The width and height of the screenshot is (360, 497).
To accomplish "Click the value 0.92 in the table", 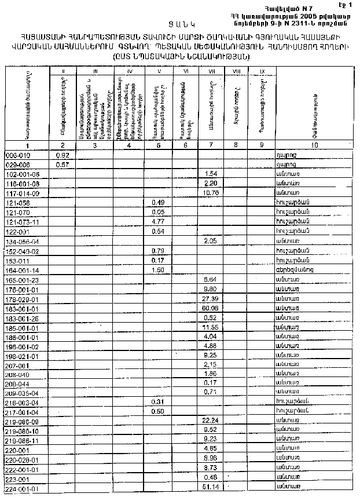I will pos(63,155).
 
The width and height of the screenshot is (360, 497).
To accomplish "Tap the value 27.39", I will pos(210,298).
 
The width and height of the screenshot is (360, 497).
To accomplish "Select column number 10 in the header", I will pos(314,145).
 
